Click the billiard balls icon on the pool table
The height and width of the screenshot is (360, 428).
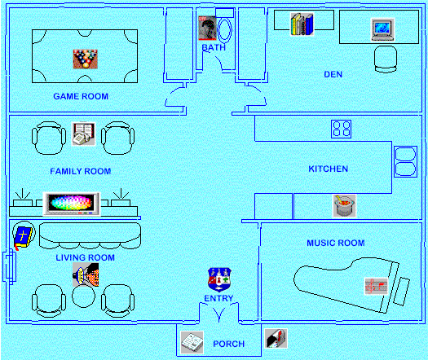coord(85,59)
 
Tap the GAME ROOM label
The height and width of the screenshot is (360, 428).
coord(81,96)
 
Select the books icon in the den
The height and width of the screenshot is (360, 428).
coord(302,24)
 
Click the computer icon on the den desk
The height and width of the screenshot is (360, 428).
coord(382,29)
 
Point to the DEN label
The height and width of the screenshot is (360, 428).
coord(333,74)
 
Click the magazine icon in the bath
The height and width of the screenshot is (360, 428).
coord(207,28)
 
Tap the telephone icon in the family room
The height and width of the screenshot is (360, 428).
coord(83,134)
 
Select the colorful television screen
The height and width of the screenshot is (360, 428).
coord(72,204)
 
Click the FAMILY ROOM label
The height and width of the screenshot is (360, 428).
coord(81,171)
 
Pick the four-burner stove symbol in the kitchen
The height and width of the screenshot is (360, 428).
coord(342,129)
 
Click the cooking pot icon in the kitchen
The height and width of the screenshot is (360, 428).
coord(345,206)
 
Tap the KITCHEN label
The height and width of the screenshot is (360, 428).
coord(329,169)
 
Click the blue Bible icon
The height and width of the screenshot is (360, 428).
coord(23,237)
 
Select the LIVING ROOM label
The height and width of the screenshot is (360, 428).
coord(85,257)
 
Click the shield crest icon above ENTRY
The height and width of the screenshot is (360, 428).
coord(219,280)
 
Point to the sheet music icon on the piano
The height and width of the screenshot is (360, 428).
coord(377,287)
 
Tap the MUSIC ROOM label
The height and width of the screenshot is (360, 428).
coord(336,243)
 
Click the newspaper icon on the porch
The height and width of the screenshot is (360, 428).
coord(192,343)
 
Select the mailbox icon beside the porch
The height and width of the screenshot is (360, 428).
coord(276,339)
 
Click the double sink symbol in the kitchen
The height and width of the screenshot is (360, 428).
coord(406,162)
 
